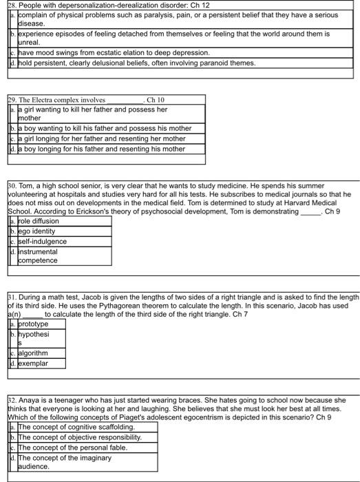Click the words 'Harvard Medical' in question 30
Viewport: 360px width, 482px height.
click(x=323, y=204)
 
